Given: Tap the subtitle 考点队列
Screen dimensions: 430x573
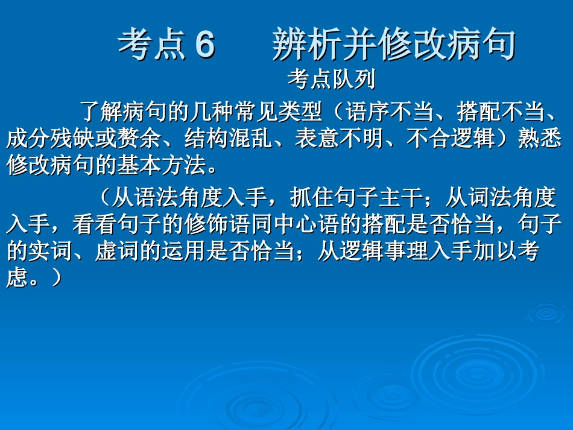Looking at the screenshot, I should [x=332, y=78].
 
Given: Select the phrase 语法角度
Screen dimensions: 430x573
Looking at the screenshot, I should [x=176, y=197].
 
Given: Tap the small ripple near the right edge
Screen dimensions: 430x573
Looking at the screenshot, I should [x=546, y=313].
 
